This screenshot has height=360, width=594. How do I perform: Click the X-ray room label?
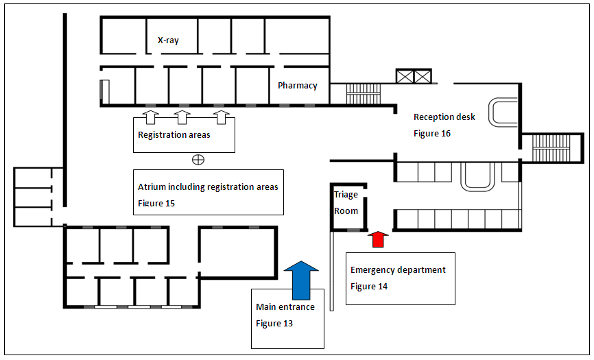168,40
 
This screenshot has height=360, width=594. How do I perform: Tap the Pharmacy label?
298,86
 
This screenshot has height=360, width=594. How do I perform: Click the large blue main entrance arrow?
301,280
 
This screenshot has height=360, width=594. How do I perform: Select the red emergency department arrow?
378,239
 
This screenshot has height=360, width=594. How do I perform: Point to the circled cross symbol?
198,160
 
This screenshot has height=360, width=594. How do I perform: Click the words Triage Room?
346,202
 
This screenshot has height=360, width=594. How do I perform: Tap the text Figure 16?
432,134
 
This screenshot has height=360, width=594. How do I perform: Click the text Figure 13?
274,324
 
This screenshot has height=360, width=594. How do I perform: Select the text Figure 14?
369,287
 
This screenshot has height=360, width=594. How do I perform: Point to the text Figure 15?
156,203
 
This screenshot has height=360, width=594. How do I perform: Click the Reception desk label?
444,117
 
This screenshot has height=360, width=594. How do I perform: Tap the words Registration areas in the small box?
174,135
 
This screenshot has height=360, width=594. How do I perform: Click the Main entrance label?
285,307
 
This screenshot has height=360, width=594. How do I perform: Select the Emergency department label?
398,270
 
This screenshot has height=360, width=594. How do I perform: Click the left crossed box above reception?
405,77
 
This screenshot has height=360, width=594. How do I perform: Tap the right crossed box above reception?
423,77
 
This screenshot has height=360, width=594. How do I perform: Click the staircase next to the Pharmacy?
364,94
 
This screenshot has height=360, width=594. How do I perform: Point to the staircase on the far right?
551,148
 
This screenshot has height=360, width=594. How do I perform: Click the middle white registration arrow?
182,117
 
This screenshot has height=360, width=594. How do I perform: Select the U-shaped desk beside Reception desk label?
503,112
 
